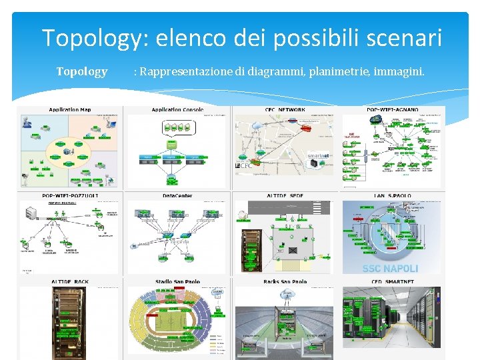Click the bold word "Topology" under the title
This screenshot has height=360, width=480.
(x=81, y=71)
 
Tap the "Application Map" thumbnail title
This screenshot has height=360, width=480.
(x=70, y=109)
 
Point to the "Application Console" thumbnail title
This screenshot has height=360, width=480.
(x=177, y=109)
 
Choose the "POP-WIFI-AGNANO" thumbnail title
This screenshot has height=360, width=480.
(x=393, y=109)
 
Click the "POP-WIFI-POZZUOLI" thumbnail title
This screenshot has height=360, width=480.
(x=70, y=195)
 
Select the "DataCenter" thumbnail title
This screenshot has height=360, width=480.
(x=177, y=195)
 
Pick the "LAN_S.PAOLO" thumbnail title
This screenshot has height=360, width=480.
(x=393, y=195)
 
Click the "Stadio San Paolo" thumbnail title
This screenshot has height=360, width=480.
(x=177, y=281)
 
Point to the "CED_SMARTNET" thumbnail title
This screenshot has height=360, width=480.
(x=393, y=281)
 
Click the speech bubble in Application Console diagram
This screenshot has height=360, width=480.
(x=172, y=143)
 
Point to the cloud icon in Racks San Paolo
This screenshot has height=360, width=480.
(x=288, y=293)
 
